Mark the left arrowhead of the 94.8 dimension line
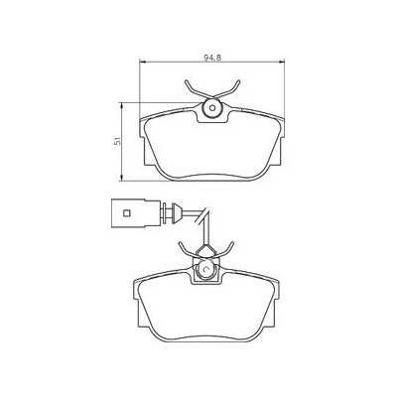(x=139, y=65)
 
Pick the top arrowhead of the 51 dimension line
(x=121, y=102)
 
